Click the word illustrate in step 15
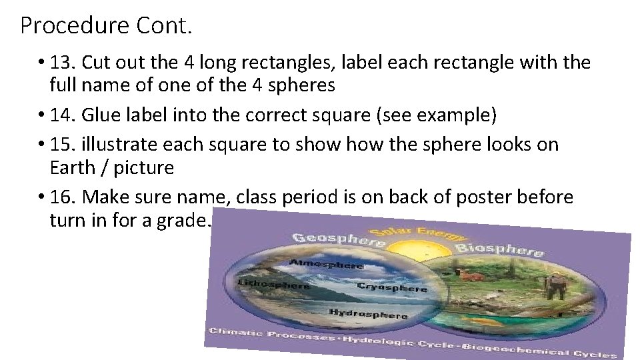[x=115, y=144]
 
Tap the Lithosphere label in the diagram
[x=273, y=285]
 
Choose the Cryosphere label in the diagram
[x=392, y=287]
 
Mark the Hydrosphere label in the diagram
[x=367, y=313]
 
